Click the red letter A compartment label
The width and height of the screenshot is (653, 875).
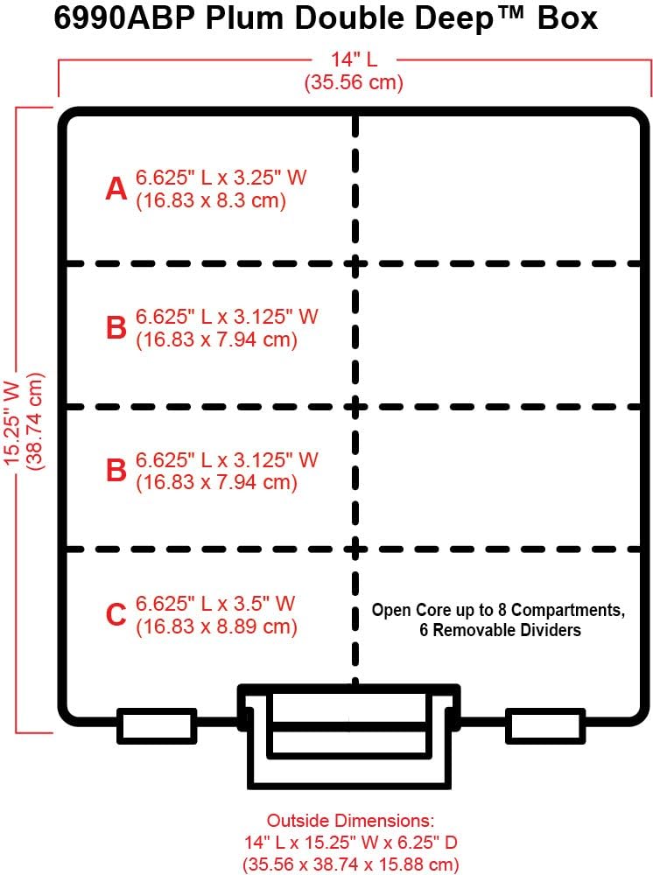point(116,188)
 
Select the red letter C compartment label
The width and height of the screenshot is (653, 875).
point(116,615)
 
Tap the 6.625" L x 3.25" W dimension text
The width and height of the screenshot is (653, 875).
point(221,177)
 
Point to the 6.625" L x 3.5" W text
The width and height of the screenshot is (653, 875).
point(215,603)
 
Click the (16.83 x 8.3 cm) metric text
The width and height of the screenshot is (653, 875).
point(211,200)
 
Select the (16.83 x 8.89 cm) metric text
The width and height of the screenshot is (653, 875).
point(216,626)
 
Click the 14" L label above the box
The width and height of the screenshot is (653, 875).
point(354,60)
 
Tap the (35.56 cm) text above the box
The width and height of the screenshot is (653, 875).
point(354,83)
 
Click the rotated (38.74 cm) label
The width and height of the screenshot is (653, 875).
point(36,420)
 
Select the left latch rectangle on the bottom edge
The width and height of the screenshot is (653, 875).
point(157,726)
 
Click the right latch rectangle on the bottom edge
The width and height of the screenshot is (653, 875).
point(545,726)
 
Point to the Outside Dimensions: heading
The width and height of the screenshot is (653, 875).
point(350,821)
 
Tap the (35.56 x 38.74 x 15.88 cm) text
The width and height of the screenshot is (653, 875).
point(350,864)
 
